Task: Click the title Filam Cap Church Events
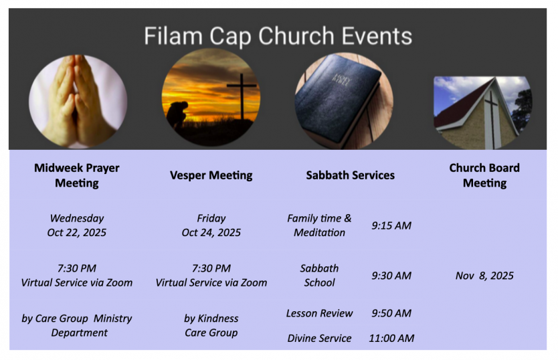click(278, 36)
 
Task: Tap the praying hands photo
click(78, 102)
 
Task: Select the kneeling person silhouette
click(178, 114)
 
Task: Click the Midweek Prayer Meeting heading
click(77, 175)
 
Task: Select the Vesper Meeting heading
click(211, 175)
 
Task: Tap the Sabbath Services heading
click(350, 175)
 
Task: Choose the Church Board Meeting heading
click(484, 175)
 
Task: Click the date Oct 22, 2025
click(77, 232)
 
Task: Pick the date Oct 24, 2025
click(211, 232)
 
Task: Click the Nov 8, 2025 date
click(484, 276)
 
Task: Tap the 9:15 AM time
click(391, 226)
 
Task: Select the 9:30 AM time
click(391, 276)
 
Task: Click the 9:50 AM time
click(391, 313)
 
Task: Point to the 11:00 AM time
click(391, 338)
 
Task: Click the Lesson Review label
click(319, 313)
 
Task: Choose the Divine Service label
click(319, 338)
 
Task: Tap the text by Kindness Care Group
click(211, 325)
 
